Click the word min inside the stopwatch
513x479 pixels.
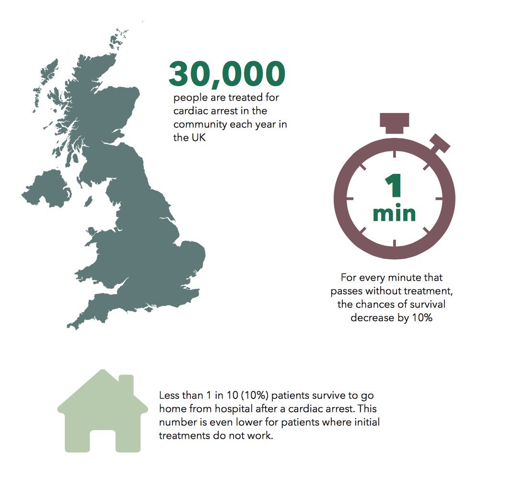coord(394,213)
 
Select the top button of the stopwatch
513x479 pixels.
coord(394,123)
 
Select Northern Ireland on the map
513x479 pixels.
coord(46,190)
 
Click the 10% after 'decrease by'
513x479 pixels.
coord(422,318)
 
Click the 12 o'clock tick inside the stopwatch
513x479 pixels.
coord(394,153)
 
